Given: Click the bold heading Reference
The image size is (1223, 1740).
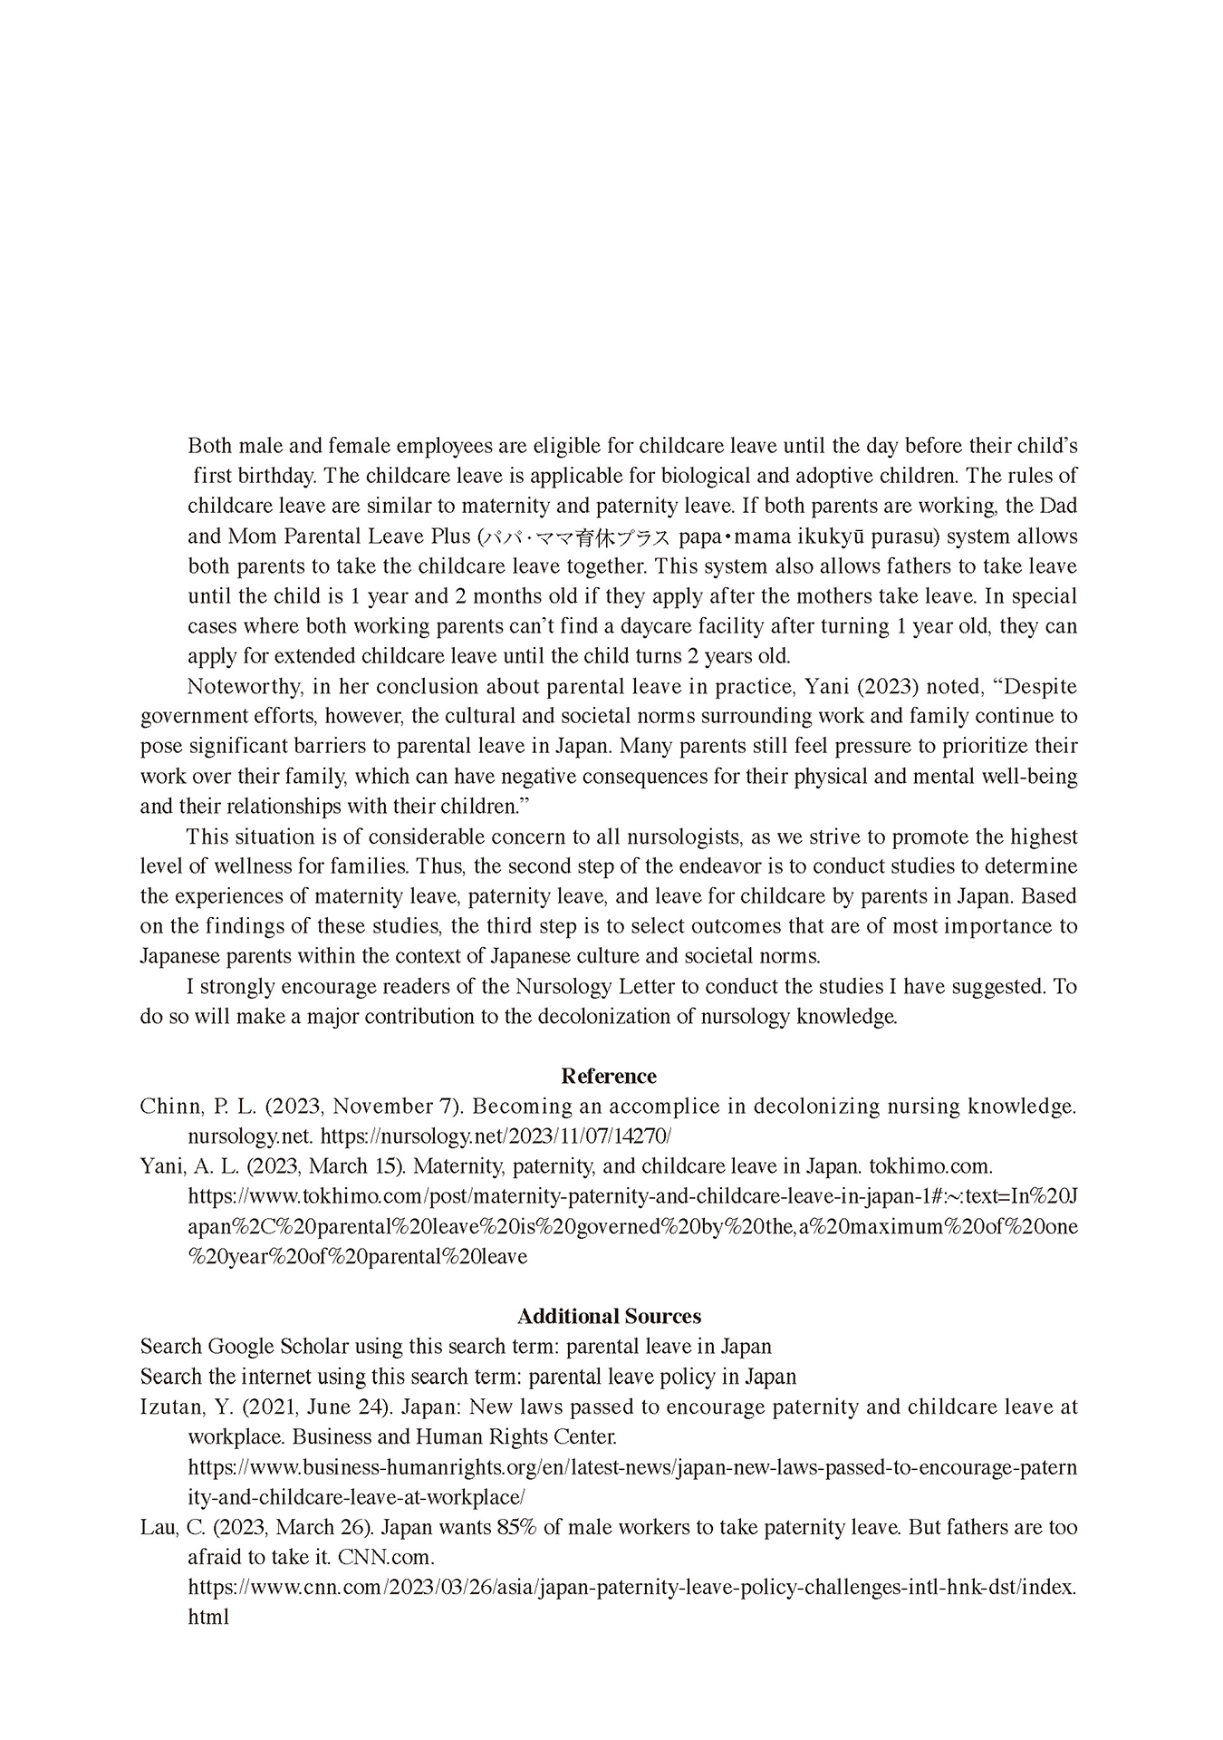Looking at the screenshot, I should click(609, 1077).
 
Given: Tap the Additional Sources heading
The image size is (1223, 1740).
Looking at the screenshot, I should click(609, 1317).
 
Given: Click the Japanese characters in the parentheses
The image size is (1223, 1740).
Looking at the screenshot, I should click(576, 537).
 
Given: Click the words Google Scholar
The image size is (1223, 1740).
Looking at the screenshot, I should click(277, 1347).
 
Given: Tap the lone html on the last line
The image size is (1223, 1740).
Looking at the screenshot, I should click(207, 1617).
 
